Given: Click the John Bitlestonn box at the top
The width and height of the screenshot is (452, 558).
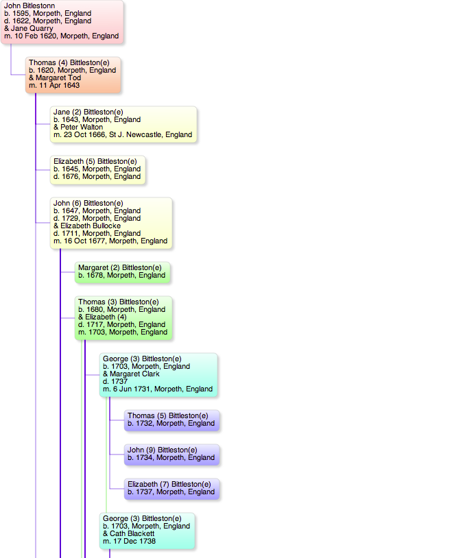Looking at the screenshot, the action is [62, 22].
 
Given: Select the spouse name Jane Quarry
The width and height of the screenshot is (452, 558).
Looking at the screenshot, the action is [32, 29].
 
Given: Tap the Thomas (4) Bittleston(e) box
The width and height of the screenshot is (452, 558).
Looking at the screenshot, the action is [73, 75].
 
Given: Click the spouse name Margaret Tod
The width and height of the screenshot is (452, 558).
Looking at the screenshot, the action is [58, 77].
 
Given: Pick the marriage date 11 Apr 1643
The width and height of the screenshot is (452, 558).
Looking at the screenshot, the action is [60, 85].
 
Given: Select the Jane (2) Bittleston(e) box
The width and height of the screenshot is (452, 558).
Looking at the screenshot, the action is [123, 124].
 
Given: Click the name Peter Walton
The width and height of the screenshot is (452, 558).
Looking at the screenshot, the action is [82, 127].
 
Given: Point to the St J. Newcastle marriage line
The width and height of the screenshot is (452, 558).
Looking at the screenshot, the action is [123, 134].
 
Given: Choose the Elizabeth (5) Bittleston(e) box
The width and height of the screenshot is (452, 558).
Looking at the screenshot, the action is [98, 170].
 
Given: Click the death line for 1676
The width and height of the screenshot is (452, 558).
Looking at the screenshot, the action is [97, 176].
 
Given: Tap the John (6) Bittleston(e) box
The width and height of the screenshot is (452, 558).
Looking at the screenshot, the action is [111, 223].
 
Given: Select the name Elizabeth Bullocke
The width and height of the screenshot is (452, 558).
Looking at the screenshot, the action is [91, 226].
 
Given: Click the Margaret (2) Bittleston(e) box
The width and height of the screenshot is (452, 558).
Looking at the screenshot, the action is [122, 272].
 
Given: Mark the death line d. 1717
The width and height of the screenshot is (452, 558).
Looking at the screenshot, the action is [122, 324].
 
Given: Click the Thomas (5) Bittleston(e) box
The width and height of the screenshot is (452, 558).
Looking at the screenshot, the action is [171, 420].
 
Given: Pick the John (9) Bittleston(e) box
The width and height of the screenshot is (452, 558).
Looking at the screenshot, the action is [171, 454].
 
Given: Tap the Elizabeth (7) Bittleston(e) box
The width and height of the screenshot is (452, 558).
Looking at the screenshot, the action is [171, 489].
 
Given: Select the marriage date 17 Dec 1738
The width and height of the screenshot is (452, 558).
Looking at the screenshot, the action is [134, 541].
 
